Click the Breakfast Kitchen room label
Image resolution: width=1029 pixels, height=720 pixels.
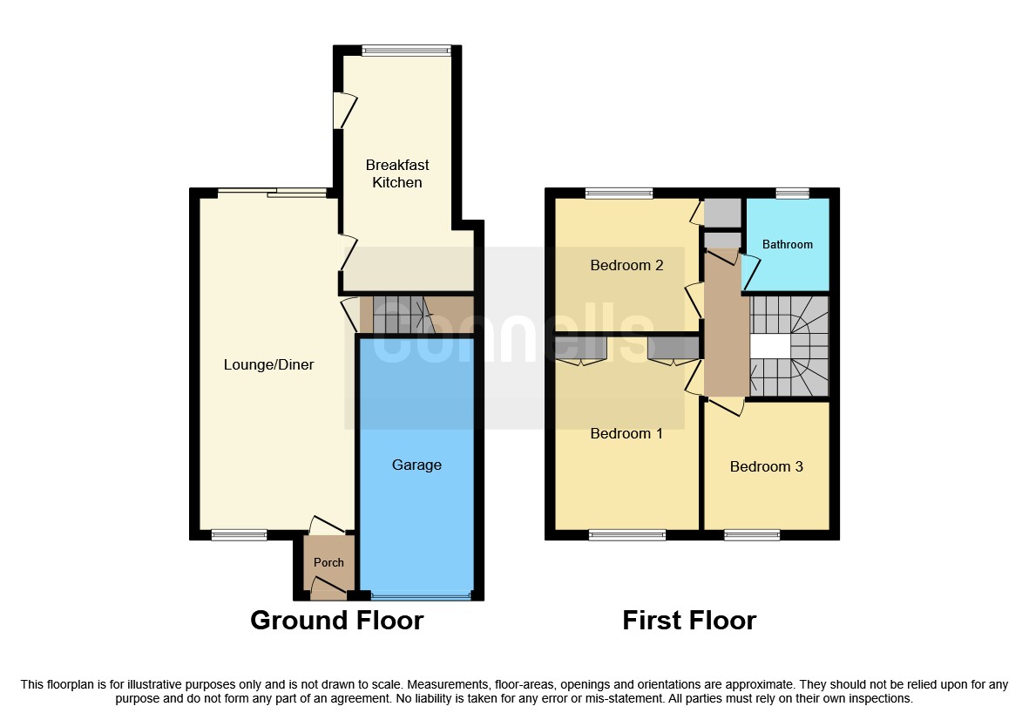pyautogui.click(x=397, y=173)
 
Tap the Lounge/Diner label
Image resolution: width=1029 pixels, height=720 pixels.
pyautogui.click(x=268, y=364)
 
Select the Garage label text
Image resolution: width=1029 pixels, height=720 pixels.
pyautogui.click(x=416, y=465)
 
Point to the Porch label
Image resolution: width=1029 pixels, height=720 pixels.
pyautogui.click(x=328, y=562)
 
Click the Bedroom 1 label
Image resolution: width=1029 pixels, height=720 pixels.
pyautogui.click(x=626, y=433)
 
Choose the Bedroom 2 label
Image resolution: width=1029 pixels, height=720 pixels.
pyautogui.click(x=626, y=265)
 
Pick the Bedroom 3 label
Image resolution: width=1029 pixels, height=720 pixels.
pyautogui.click(x=766, y=466)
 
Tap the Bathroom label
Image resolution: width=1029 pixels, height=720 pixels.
pyautogui.click(x=788, y=244)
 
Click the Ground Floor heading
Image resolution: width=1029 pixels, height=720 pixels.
pyautogui.click(x=336, y=620)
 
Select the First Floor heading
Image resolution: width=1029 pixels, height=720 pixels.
pyautogui.click(x=688, y=620)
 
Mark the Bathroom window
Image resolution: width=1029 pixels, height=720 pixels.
pyautogui.click(x=792, y=194)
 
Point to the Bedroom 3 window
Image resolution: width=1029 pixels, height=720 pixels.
pyautogui.click(x=752, y=534)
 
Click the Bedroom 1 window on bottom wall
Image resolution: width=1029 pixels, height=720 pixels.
pyautogui.click(x=627, y=534)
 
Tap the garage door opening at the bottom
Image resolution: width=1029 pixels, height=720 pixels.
pyautogui.click(x=420, y=596)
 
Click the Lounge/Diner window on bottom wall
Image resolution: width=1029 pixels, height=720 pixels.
pyautogui.click(x=240, y=534)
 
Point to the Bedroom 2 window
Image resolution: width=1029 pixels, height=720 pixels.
pyautogui.click(x=619, y=194)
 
